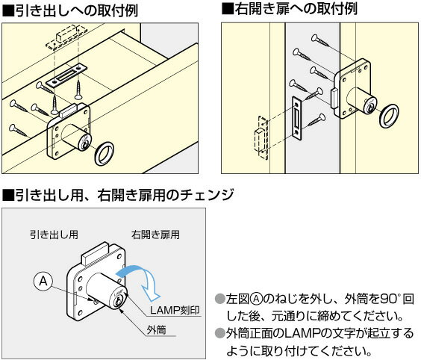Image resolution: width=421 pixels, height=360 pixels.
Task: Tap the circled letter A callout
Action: (x=44, y=281)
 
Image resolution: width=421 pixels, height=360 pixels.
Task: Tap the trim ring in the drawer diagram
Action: (x=103, y=154)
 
